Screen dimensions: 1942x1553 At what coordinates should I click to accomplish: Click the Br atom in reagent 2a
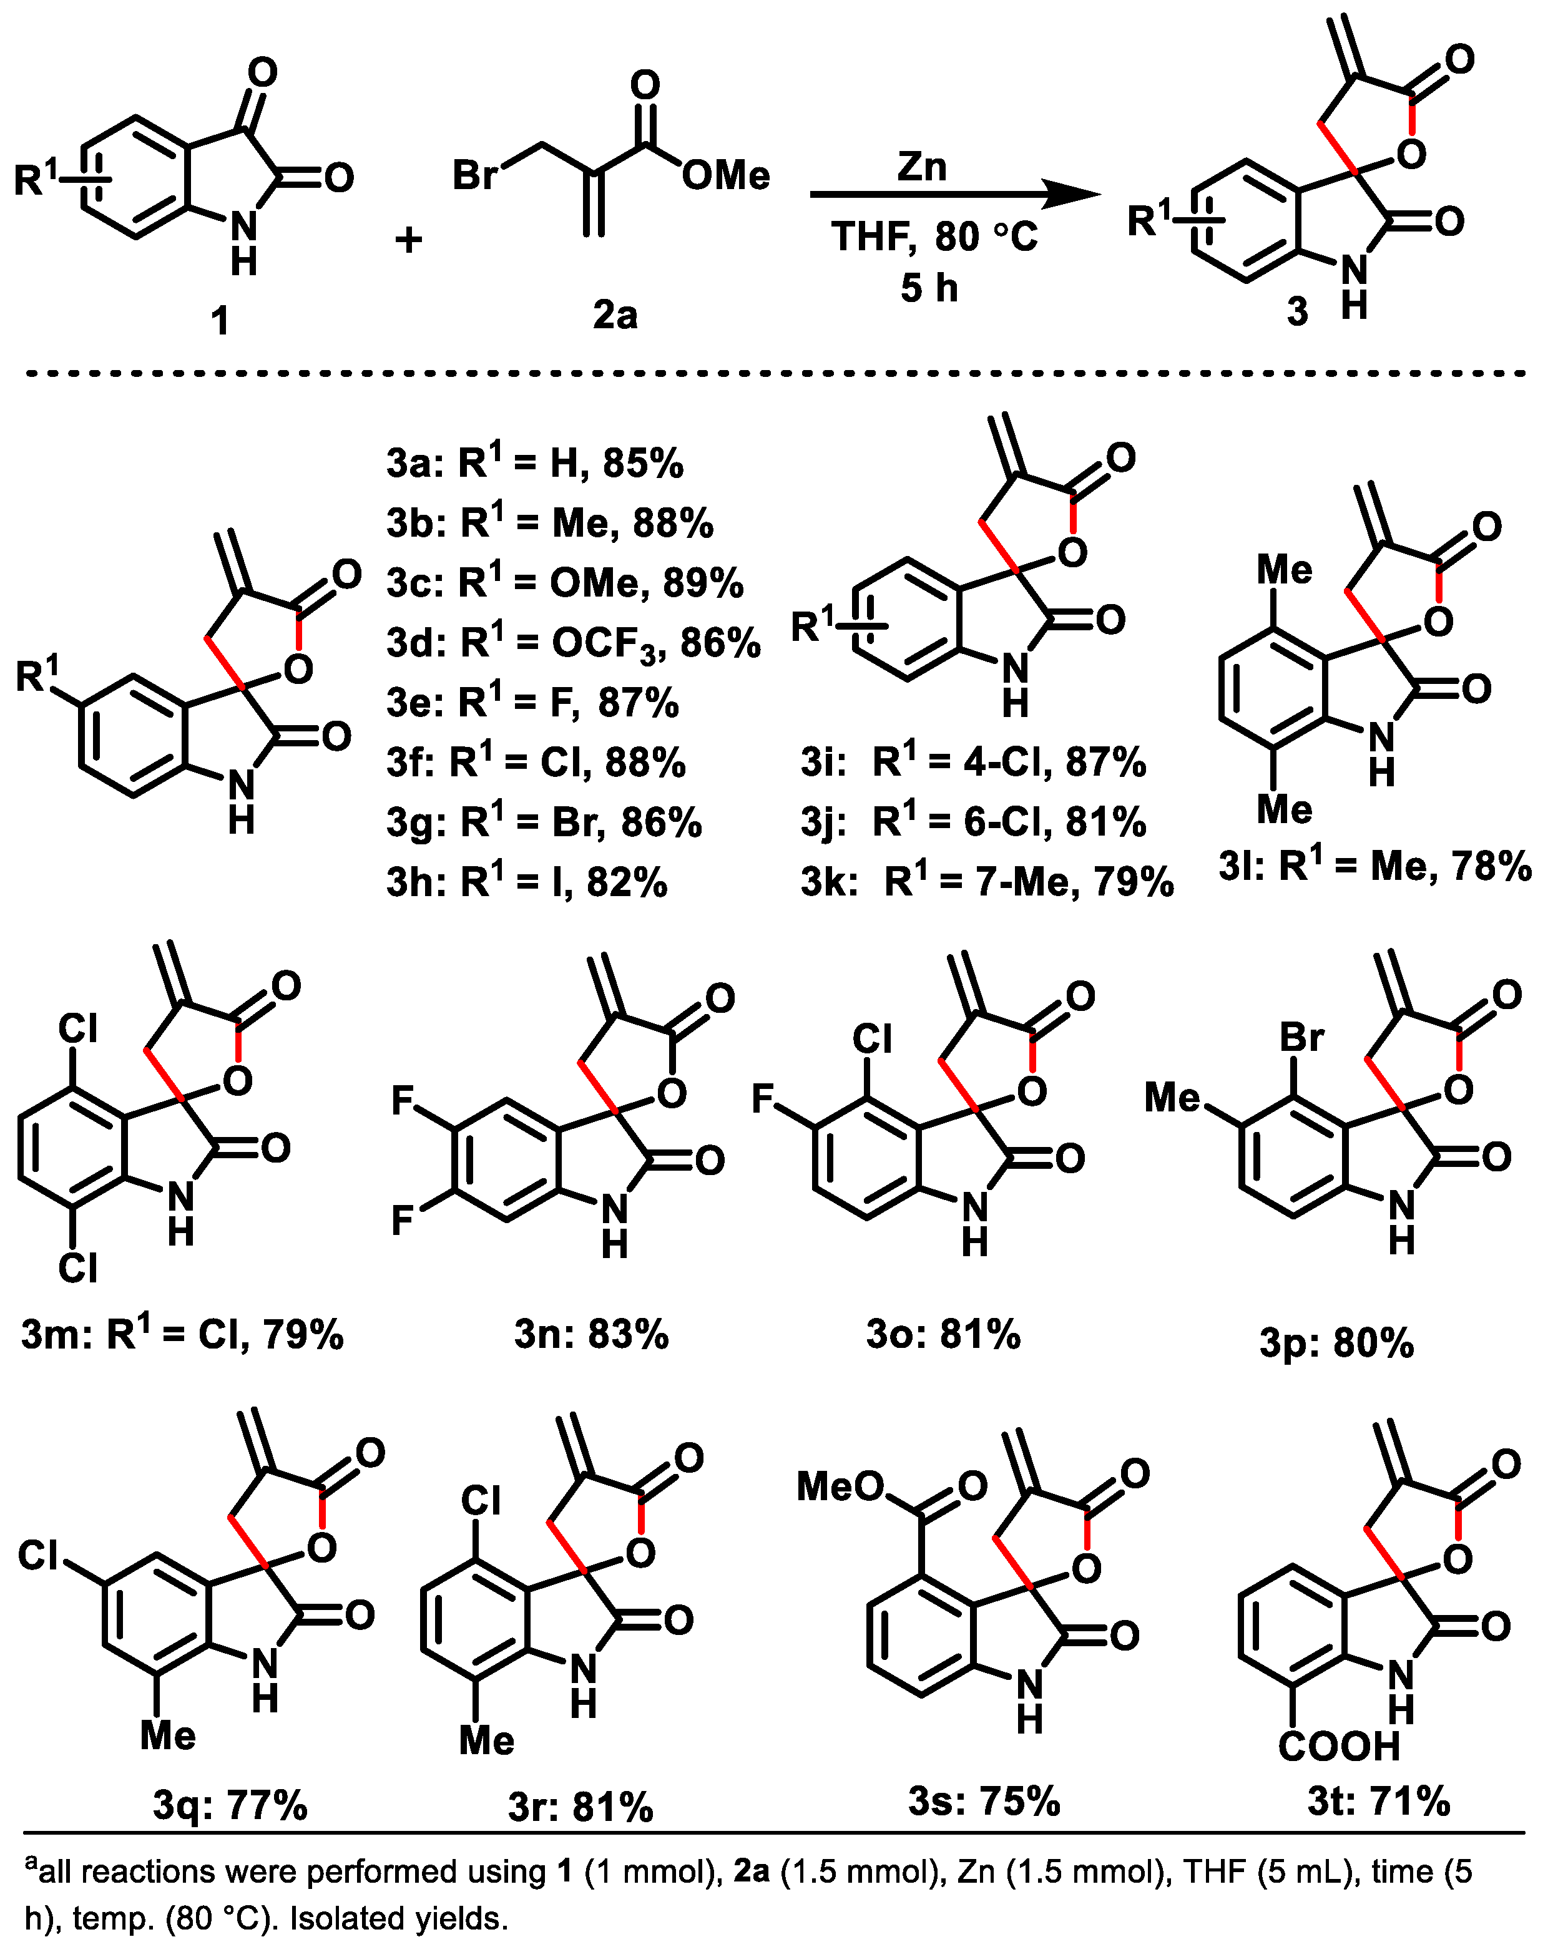(475, 174)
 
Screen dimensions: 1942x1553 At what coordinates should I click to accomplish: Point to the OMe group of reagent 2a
(725, 175)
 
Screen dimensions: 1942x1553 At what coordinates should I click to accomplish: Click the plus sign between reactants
(409, 240)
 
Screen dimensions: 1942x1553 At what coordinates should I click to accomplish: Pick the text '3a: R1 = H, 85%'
(535, 463)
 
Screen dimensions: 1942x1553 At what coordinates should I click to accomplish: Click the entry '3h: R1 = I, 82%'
(527, 882)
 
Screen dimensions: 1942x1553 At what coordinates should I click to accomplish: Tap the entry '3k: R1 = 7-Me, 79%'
(987, 882)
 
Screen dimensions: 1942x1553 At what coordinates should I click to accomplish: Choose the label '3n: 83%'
(591, 1334)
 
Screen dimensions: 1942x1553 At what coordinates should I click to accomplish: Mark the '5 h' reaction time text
(929, 288)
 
